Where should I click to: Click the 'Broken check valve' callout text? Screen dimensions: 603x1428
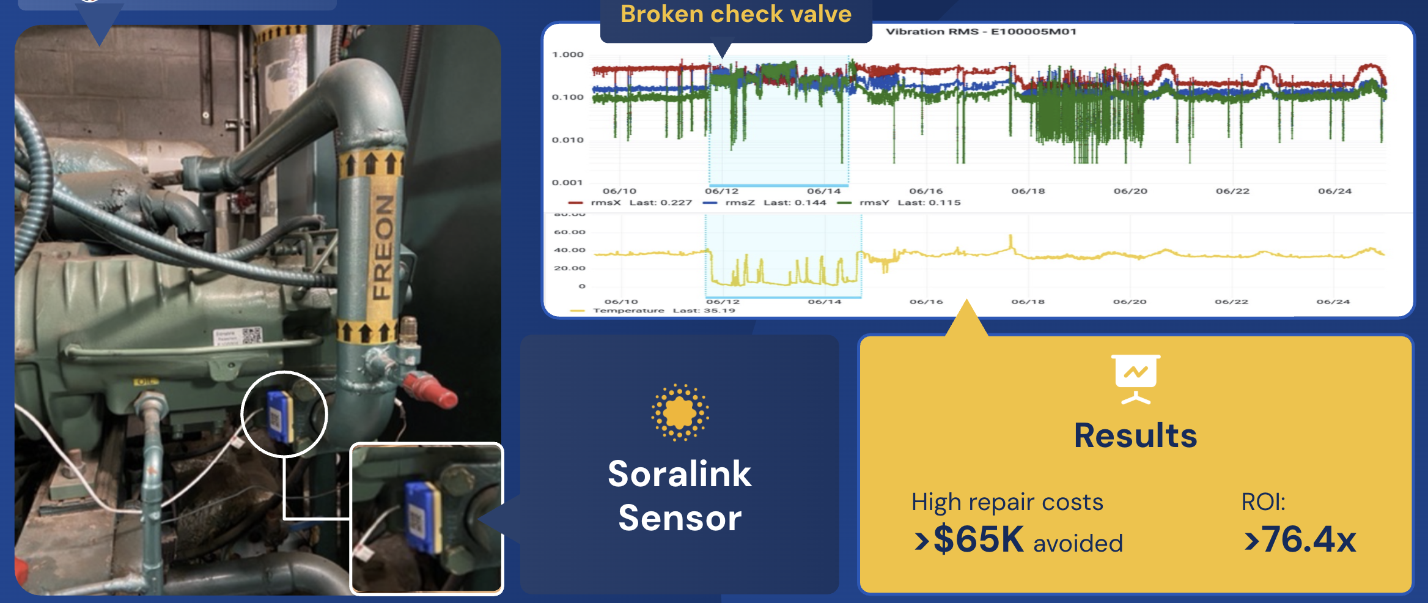(x=735, y=15)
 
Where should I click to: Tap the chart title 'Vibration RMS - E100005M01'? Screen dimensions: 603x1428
(x=981, y=32)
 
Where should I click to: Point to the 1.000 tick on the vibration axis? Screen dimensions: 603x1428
(x=568, y=54)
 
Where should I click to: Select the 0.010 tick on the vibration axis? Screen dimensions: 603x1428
(x=568, y=140)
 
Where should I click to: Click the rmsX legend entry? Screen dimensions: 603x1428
(x=630, y=202)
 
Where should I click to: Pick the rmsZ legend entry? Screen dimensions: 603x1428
(x=765, y=202)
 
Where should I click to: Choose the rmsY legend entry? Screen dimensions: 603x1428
(x=899, y=202)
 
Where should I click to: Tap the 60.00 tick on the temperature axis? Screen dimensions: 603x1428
(x=570, y=232)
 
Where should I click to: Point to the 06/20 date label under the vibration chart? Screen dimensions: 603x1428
(x=1130, y=191)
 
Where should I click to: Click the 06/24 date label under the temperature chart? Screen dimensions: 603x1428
(x=1333, y=302)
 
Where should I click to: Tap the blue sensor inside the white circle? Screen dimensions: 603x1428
(x=281, y=416)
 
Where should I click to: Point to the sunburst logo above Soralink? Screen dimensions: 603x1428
(x=680, y=412)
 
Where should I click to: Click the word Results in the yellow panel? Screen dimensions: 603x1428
(x=1135, y=435)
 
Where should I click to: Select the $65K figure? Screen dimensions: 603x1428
(x=978, y=539)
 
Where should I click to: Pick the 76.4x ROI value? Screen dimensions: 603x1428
(x=1308, y=539)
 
